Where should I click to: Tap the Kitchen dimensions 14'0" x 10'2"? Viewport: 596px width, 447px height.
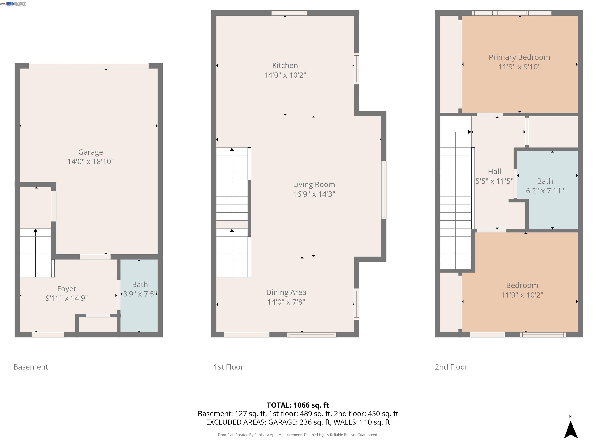point(285,75)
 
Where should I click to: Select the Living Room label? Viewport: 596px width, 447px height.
point(314,185)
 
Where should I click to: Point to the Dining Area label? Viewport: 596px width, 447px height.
point(286,292)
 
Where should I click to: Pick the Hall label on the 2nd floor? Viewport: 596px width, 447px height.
point(494,171)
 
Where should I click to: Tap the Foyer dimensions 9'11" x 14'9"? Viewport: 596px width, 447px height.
point(67,298)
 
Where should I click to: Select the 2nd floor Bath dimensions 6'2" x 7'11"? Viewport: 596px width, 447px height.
point(545,191)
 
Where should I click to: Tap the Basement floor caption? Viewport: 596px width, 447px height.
point(31,367)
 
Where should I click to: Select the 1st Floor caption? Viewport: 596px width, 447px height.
point(228,367)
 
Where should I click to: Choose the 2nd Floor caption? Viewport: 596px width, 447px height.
point(451,367)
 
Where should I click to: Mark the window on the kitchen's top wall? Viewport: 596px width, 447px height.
point(289,13)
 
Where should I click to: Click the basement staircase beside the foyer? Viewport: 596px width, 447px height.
point(36,253)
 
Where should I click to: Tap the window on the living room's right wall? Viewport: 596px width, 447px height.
point(384,190)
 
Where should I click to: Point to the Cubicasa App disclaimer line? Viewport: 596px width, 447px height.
point(298,435)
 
